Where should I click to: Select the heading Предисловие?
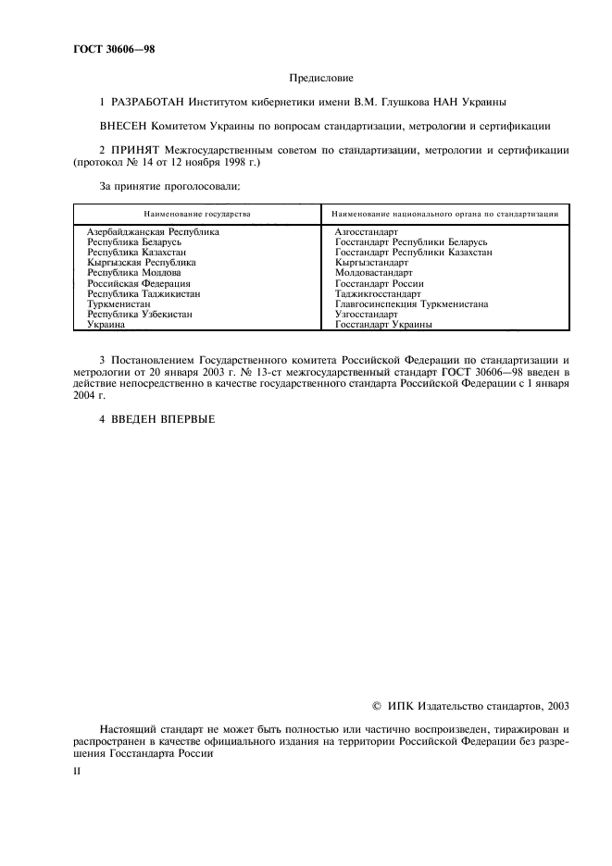tap(322, 80)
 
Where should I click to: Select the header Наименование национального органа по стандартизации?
tap(445, 213)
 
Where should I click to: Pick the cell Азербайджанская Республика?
tap(153, 231)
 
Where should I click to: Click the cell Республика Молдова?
tap(128, 273)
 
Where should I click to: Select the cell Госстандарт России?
tap(380, 283)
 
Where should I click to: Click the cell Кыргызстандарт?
tap(371, 263)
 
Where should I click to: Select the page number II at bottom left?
tap(78, 769)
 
